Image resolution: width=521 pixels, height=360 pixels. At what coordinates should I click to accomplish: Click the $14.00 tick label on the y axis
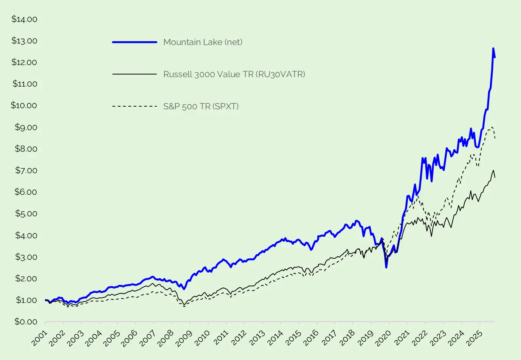24,19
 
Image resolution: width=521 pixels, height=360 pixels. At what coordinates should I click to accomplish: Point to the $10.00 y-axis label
24,106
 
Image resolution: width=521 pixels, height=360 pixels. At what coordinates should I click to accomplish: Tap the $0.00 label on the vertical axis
26,322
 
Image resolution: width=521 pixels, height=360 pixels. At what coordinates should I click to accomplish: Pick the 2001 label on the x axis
40,338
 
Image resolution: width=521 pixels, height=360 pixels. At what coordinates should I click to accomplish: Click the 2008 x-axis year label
166,338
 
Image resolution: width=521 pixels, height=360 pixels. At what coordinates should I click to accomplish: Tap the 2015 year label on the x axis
293,338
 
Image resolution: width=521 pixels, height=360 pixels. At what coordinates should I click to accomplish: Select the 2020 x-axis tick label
384,338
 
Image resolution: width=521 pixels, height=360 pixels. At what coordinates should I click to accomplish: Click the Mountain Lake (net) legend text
203,42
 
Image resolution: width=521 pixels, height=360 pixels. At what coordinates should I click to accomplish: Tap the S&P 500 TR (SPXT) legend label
201,106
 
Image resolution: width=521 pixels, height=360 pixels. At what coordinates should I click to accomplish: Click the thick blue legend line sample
135,42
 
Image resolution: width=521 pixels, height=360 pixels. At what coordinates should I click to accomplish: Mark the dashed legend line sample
135,106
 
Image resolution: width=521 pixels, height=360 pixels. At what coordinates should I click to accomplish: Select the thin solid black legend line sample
135,74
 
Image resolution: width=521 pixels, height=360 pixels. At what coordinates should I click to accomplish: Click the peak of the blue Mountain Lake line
493,48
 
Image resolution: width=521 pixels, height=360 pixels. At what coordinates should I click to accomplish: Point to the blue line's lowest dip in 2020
386,267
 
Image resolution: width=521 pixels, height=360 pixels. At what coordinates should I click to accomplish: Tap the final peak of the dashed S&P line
492,127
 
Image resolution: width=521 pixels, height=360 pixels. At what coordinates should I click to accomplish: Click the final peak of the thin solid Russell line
493,170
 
